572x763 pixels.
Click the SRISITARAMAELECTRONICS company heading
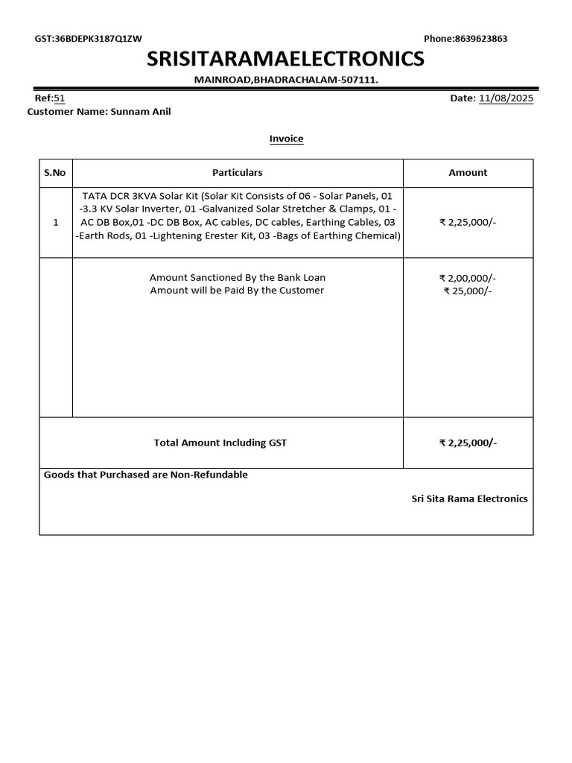coord(286,58)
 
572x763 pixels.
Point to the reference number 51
coord(60,98)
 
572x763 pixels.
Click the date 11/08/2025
coord(506,98)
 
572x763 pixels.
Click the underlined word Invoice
coord(286,139)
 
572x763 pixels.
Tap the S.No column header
coord(55,173)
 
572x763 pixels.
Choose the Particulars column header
coord(238,173)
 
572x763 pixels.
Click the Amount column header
coord(468,173)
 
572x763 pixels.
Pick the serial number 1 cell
coord(55,222)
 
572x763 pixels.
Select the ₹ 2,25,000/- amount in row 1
coord(468,222)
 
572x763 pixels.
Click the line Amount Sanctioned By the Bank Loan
coord(238,277)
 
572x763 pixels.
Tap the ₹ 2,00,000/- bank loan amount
coord(468,277)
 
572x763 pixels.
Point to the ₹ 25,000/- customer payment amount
coord(468,291)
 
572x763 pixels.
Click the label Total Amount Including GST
coord(220,443)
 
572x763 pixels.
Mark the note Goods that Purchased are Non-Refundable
coord(146,475)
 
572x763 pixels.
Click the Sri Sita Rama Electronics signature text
coord(469,498)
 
